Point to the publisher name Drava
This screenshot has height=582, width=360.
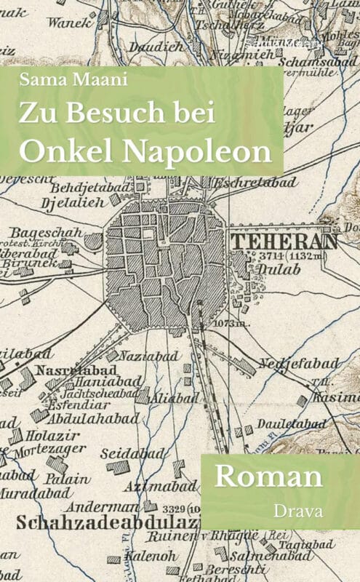point(297,511)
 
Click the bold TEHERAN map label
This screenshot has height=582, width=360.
point(284,241)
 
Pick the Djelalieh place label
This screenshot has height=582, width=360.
point(73,202)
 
